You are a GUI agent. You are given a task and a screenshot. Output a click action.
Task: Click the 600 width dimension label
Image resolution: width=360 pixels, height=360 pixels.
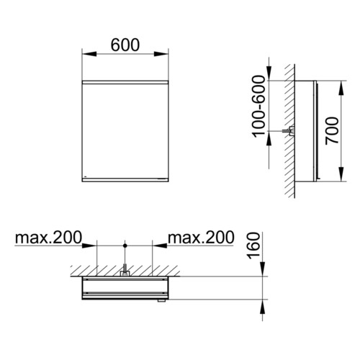point(125,45)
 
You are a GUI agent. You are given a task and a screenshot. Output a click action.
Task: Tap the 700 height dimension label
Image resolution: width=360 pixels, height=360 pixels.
point(332,131)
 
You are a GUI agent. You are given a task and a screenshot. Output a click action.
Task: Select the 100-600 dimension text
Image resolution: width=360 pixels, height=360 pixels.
point(259,107)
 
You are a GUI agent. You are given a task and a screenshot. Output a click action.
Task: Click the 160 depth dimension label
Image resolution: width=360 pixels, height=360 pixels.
point(254,246)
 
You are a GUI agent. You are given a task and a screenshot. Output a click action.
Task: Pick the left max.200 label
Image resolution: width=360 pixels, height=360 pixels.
point(48,238)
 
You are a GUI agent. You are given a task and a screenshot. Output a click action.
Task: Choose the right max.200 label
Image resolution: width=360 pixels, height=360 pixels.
point(201,238)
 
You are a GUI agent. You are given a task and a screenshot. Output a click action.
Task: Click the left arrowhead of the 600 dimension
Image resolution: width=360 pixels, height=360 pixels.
point(89,54)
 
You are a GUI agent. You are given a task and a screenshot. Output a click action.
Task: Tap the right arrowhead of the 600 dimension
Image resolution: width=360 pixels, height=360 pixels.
point(161,54)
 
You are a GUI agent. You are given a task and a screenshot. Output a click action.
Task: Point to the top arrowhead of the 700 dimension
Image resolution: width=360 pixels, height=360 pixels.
point(342,88)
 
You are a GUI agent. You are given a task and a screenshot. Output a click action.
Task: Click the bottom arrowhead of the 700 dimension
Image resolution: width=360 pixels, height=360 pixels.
point(342,174)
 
